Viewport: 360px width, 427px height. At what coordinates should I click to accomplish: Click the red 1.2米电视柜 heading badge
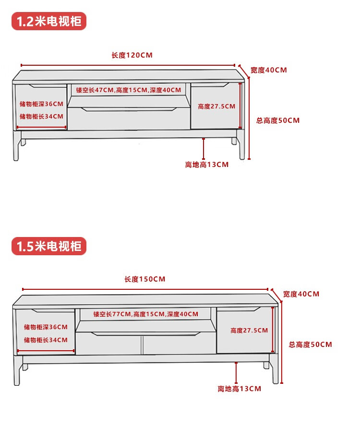pyautogui.click(x=49, y=22)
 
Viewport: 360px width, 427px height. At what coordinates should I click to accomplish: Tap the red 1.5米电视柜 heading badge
pyautogui.click(x=49, y=247)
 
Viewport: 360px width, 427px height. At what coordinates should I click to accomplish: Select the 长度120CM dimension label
pyautogui.click(x=132, y=55)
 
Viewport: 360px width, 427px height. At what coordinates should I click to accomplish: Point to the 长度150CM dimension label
pyautogui.click(x=145, y=279)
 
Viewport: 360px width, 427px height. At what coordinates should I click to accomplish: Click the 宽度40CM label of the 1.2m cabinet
pyautogui.click(x=269, y=70)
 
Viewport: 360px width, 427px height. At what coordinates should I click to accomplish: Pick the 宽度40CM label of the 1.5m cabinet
pyautogui.click(x=301, y=294)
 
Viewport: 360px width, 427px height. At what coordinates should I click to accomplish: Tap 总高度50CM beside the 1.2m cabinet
pyautogui.click(x=278, y=120)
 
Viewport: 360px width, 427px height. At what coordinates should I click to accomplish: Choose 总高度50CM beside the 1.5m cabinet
pyautogui.click(x=310, y=344)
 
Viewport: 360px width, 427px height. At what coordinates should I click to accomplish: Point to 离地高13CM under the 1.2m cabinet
pyautogui.click(x=207, y=165)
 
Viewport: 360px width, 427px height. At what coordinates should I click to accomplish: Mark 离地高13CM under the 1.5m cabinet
pyautogui.click(x=239, y=389)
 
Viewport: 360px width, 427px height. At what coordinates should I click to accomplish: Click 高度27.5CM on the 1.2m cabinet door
pyautogui.click(x=216, y=107)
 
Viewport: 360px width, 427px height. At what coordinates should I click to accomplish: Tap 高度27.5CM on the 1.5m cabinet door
pyautogui.click(x=249, y=331)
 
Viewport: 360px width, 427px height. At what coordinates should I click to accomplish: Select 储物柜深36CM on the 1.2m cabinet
pyautogui.click(x=41, y=104)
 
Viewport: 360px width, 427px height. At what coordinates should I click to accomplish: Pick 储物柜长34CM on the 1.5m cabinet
pyautogui.click(x=46, y=340)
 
